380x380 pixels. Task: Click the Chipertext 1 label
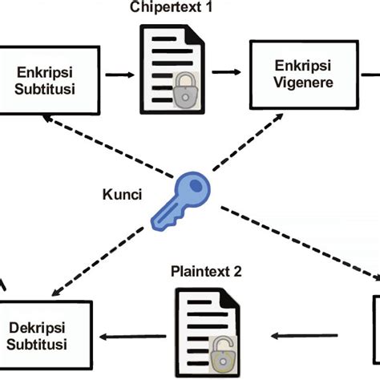186,8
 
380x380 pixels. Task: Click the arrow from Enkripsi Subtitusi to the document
120,75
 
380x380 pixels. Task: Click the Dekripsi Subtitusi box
38,336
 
